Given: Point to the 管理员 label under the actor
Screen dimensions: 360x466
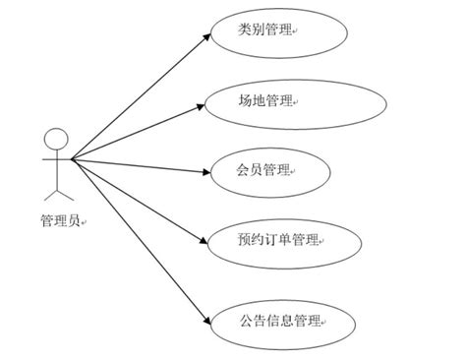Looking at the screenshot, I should [58, 222].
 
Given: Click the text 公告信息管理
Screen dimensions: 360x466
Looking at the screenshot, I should [279, 321].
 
